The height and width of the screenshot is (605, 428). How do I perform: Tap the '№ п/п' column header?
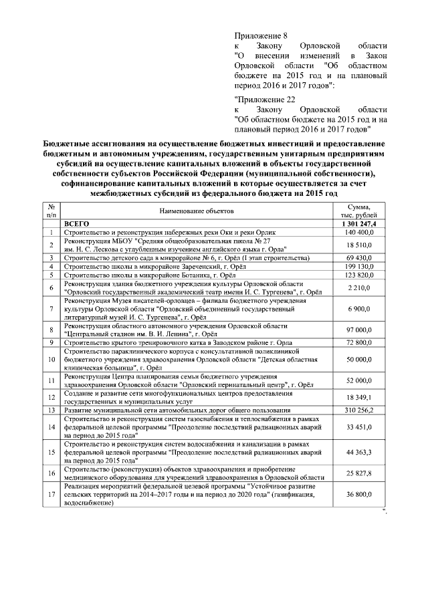(51, 211)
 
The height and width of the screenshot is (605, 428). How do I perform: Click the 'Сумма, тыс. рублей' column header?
(358, 211)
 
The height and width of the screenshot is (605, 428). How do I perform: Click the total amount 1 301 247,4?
(358, 223)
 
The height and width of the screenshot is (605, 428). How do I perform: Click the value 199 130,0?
(358, 266)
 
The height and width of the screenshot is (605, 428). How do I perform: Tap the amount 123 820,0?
(358, 275)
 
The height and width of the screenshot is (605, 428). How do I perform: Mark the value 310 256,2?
(358, 409)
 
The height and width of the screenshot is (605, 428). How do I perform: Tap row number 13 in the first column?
(51, 409)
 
